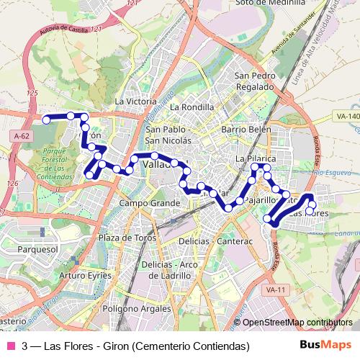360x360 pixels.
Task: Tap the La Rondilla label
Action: coord(192,107)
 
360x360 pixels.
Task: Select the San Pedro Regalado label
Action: coord(254,81)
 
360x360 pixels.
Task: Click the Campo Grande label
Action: coord(149,204)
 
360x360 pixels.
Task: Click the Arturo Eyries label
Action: coord(86,275)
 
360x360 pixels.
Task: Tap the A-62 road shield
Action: coord(21,135)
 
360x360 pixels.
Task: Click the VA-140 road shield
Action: coord(346,116)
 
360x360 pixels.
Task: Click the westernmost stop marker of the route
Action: coord(47,120)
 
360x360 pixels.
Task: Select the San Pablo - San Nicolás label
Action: coord(168,135)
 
